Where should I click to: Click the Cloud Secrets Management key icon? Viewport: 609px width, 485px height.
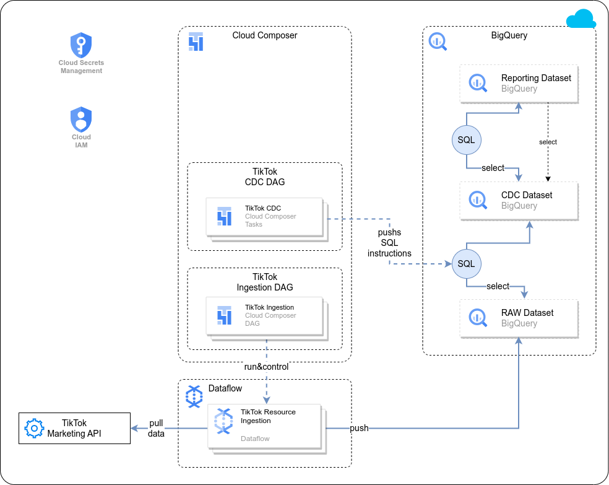(81, 45)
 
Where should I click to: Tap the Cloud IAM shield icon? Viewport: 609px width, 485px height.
(81, 119)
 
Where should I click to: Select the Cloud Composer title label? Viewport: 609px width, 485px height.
(265, 35)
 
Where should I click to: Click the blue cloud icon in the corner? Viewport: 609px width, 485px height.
(581, 19)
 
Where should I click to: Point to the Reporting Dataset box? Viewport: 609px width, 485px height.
(519, 84)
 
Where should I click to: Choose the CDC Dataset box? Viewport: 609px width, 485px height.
(519, 201)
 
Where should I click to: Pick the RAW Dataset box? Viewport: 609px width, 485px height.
(519, 318)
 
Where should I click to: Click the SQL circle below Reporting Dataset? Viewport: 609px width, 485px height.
(466, 140)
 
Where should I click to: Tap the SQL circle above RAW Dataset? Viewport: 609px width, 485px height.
(466, 264)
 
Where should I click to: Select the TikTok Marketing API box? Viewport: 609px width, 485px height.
(74, 428)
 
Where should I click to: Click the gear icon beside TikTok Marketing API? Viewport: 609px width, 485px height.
(34, 428)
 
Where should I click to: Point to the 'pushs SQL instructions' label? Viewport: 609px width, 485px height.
(389, 243)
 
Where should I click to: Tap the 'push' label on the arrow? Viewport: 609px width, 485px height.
(359, 428)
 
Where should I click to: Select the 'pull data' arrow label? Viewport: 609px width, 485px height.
(156, 428)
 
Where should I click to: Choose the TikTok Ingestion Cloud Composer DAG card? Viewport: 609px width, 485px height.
(264, 316)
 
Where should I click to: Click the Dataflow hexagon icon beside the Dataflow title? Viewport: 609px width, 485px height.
(194, 396)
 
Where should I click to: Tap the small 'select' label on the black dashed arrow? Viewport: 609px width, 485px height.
(548, 142)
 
